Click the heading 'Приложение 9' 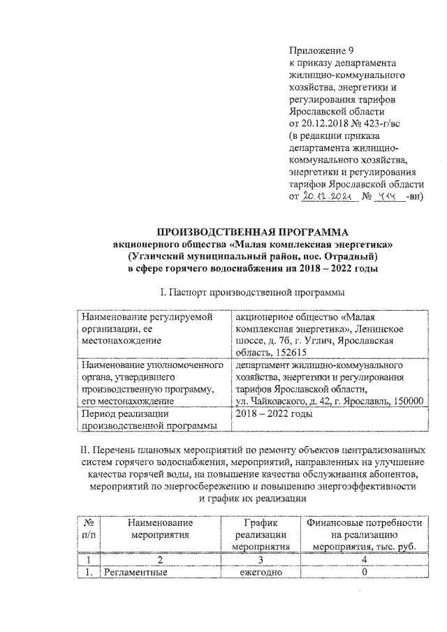point(318,50)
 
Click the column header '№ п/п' point(88,529)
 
